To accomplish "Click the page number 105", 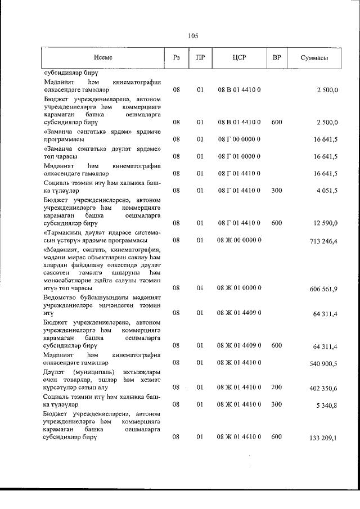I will coord(193,37).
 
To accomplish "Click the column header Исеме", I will coord(103,58).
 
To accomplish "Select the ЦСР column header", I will coord(240,58).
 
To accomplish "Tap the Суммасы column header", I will coord(314,58).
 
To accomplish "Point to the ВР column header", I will coord(276,58).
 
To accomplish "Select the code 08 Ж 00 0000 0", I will coord(240,240).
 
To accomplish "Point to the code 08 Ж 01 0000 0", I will coord(240,288).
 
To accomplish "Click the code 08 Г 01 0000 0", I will coord(240,156).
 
